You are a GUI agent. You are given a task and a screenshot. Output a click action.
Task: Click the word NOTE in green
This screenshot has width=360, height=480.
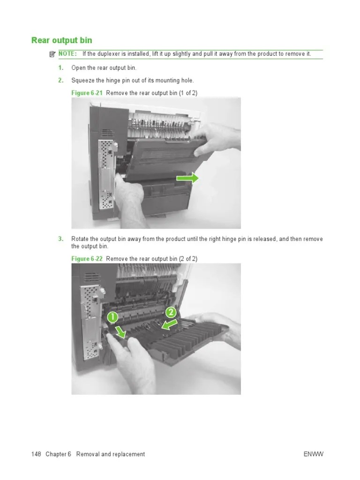[67, 54]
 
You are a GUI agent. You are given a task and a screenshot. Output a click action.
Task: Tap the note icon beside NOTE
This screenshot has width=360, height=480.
[52, 54]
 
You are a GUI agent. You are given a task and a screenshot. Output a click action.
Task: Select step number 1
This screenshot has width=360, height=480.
[60, 68]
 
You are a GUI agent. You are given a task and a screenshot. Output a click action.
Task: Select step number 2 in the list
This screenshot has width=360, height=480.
[60, 81]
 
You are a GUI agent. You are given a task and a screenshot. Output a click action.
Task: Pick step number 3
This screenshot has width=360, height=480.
[60, 239]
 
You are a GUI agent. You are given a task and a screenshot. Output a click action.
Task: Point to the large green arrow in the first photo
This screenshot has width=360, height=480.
[187, 178]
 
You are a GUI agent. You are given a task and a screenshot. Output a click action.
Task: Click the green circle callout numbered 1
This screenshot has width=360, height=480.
[112, 317]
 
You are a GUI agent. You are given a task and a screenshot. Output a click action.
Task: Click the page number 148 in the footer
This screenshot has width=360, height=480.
[36, 454]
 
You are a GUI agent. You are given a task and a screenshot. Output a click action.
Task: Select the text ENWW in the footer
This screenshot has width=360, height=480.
[314, 454]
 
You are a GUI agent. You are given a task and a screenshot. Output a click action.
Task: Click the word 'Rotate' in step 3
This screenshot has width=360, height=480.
[80, 239]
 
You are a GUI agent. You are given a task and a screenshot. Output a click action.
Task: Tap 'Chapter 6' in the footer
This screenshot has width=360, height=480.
[59, 454]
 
